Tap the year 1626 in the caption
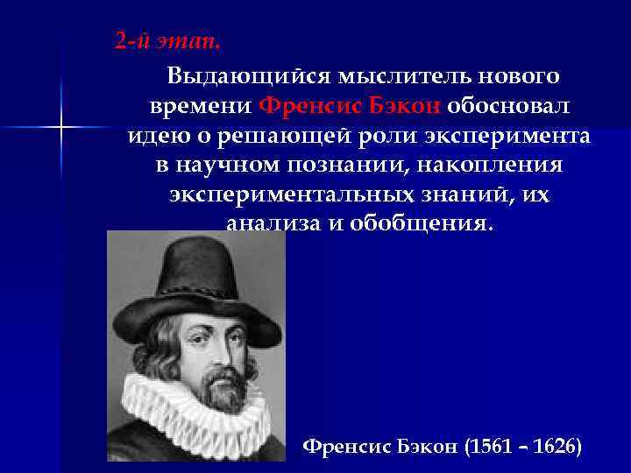click(x=557, y=448)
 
